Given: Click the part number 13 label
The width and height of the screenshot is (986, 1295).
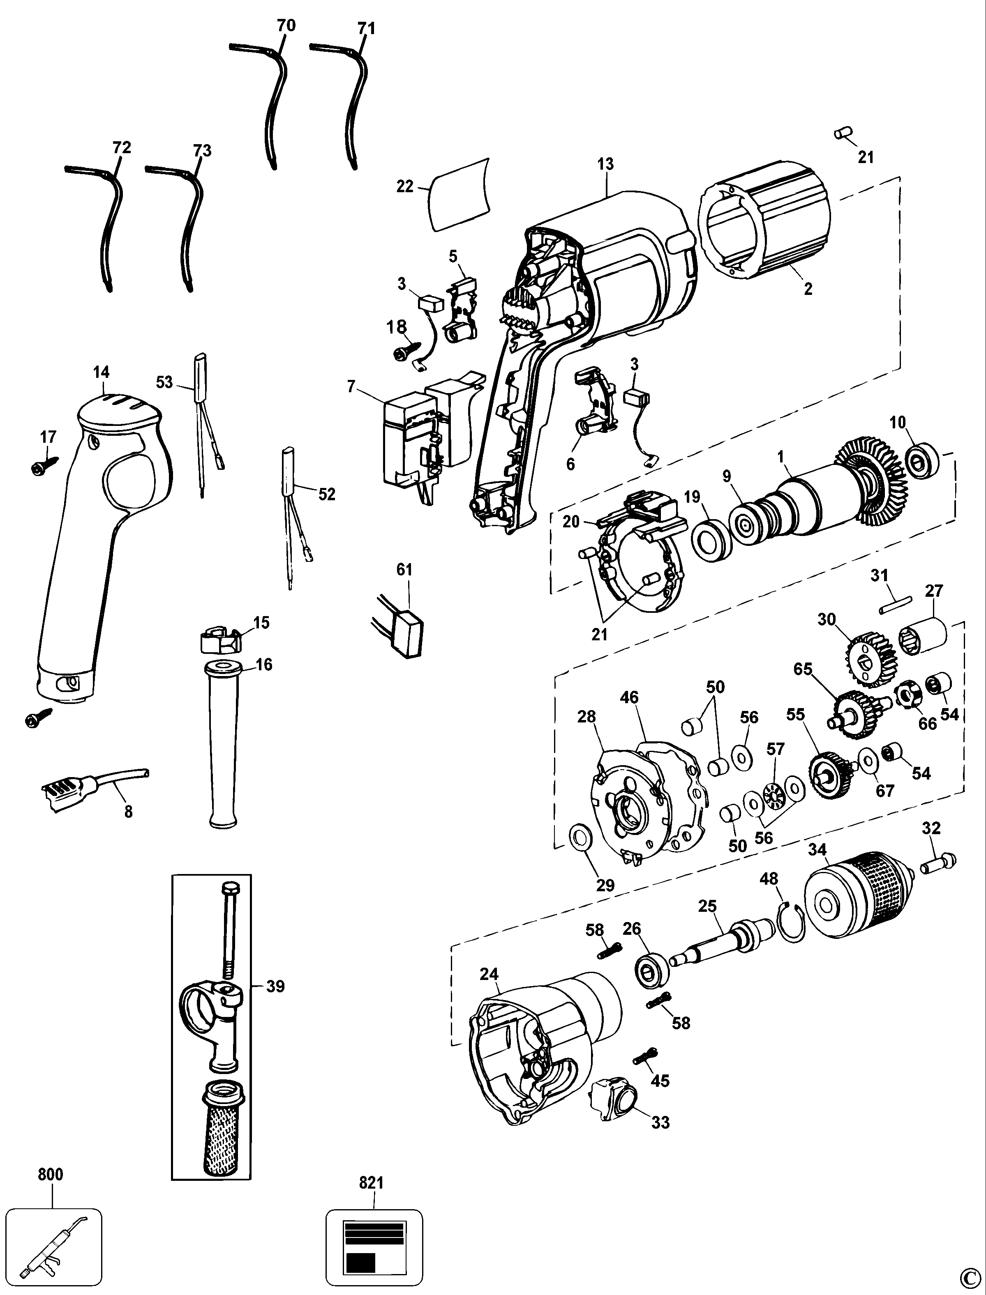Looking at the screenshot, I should click(x=606, y=164).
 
